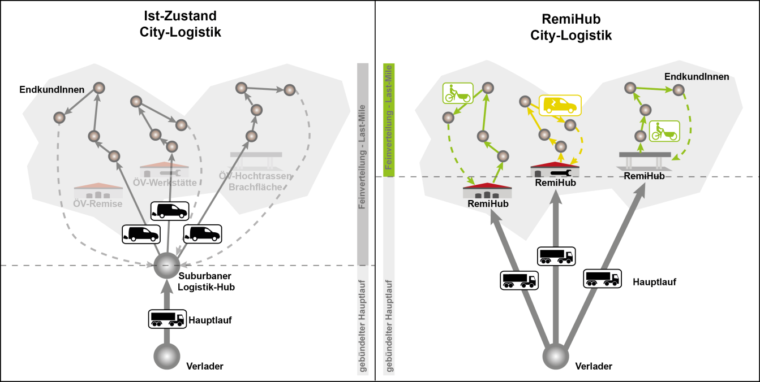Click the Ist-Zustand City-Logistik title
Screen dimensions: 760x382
tap(180, 24)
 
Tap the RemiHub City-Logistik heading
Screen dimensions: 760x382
tap(571, 27)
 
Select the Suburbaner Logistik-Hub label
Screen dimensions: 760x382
tap(206, 281)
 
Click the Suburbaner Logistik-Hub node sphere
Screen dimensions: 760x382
tap(167, 266)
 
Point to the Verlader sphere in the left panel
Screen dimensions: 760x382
tap(167, 356)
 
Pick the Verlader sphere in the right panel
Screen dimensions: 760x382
tap(556, 356)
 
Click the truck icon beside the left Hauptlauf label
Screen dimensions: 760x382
tap(168, 319)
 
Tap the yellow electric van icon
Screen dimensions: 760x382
tap(560, 105)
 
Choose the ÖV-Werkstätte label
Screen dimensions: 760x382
tap(165, 183)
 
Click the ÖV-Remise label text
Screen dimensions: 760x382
tap(98, 204)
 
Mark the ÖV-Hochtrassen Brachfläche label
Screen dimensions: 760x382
tap(255, 181)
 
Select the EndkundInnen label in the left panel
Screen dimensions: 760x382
tap(52, 90)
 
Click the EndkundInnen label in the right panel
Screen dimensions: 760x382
tap(697, 77)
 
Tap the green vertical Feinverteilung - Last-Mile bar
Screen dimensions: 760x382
tap(389, 120)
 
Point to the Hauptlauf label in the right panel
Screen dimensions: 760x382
tap(655, 282)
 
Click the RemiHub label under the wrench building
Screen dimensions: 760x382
tap(555, 183)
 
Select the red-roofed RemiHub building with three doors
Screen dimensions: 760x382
tap(487, 190)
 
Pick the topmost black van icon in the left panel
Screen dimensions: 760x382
tap(170, 211)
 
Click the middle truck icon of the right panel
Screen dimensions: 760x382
tap(556, 256)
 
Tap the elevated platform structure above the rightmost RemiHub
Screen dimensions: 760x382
tap(645, 161)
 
